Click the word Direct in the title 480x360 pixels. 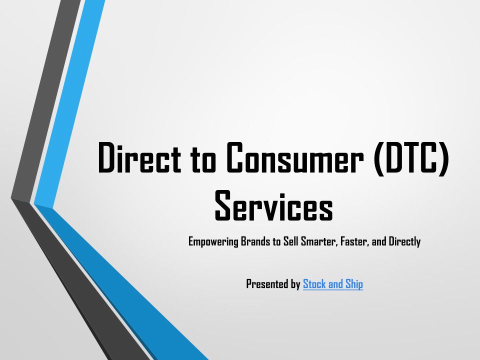(x=139, y=157)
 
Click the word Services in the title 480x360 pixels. (x=273, y=205)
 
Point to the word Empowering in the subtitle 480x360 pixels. (x=213, y=242)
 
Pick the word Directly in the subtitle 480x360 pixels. (x=404, y=242)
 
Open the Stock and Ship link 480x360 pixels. (x=333, y=284)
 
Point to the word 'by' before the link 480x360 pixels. (x=295, y=284)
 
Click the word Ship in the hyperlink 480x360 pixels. (x=354, y=284)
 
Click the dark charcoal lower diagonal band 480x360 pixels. (x=79, y=281)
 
